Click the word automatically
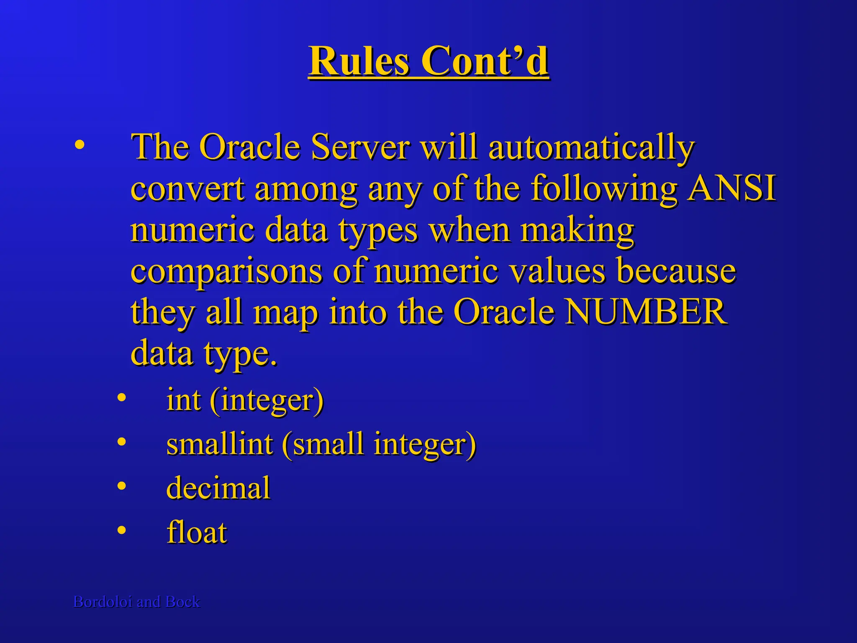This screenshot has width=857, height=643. [591, 147]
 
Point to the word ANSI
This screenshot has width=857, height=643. [732, 188]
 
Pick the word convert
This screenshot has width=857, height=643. [187, 188]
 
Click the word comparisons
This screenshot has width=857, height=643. [226, 271]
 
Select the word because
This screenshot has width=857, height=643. [676, 271]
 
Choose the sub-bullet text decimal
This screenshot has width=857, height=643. [218, 488]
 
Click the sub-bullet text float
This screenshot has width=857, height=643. [197, 532]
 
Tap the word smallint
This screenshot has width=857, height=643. [220, 443]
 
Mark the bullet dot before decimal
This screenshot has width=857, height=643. [121, 486]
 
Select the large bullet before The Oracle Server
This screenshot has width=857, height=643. [79, 146]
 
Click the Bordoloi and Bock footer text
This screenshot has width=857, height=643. [136, 602]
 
